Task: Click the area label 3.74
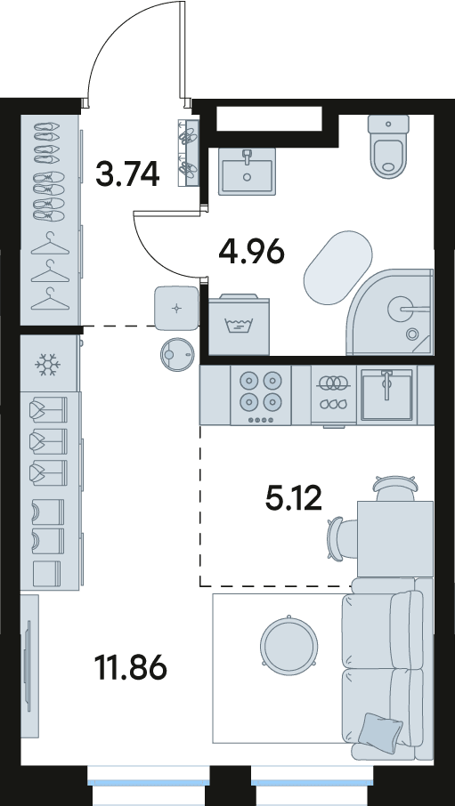127,173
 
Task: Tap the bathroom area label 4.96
252,252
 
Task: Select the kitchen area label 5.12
293,497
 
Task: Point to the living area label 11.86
131,667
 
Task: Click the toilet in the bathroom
388,146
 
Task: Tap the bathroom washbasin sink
247,171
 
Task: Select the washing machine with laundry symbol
240,325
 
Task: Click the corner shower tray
391,311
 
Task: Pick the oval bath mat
337,268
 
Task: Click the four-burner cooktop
260,395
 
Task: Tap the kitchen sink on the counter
387,394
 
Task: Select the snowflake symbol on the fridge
47,365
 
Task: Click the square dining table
394,539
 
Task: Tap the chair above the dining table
395,488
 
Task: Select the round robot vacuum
177,355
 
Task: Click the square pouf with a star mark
176,308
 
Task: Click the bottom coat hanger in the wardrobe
50,299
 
